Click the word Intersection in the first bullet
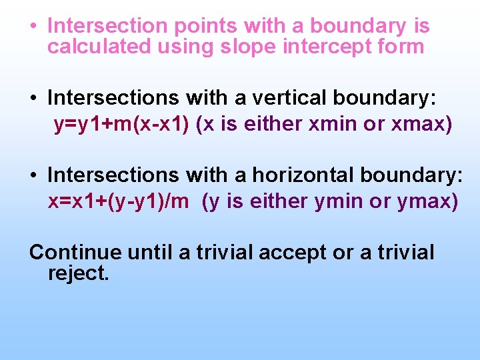point(107,26)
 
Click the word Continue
point(75,253)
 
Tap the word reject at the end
point(78,273)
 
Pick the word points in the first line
point(205,26)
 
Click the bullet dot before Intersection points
point(33,27)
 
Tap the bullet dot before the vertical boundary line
point(33,99)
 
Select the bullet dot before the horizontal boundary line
point(33,175)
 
